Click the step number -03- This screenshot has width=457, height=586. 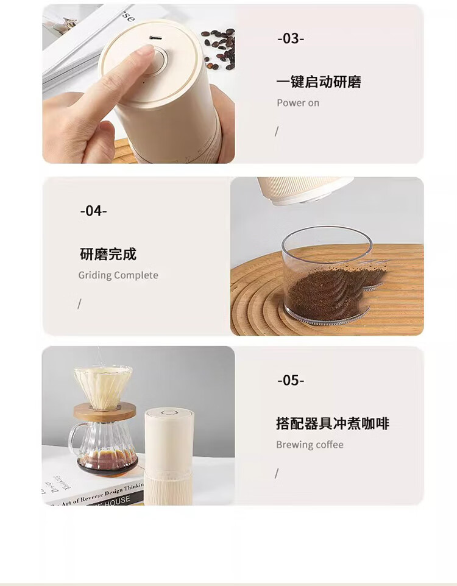tap(291, 38)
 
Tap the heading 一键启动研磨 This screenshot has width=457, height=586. tap(319, 82)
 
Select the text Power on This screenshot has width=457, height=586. tap(298, 103)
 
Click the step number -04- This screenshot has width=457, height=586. tap(93, 211)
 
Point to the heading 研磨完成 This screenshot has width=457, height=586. tap(108, 254)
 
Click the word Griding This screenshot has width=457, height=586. tap(95, 275)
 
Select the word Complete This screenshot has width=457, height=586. tap(136, 275)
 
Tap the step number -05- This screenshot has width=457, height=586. tap(291, 380)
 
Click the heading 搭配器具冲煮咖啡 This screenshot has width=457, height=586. tap(333, 423)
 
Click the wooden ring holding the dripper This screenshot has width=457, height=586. tap(104, 411)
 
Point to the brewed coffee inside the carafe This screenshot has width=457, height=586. tap(108, 460)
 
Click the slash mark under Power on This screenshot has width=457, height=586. tap(277, 132)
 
